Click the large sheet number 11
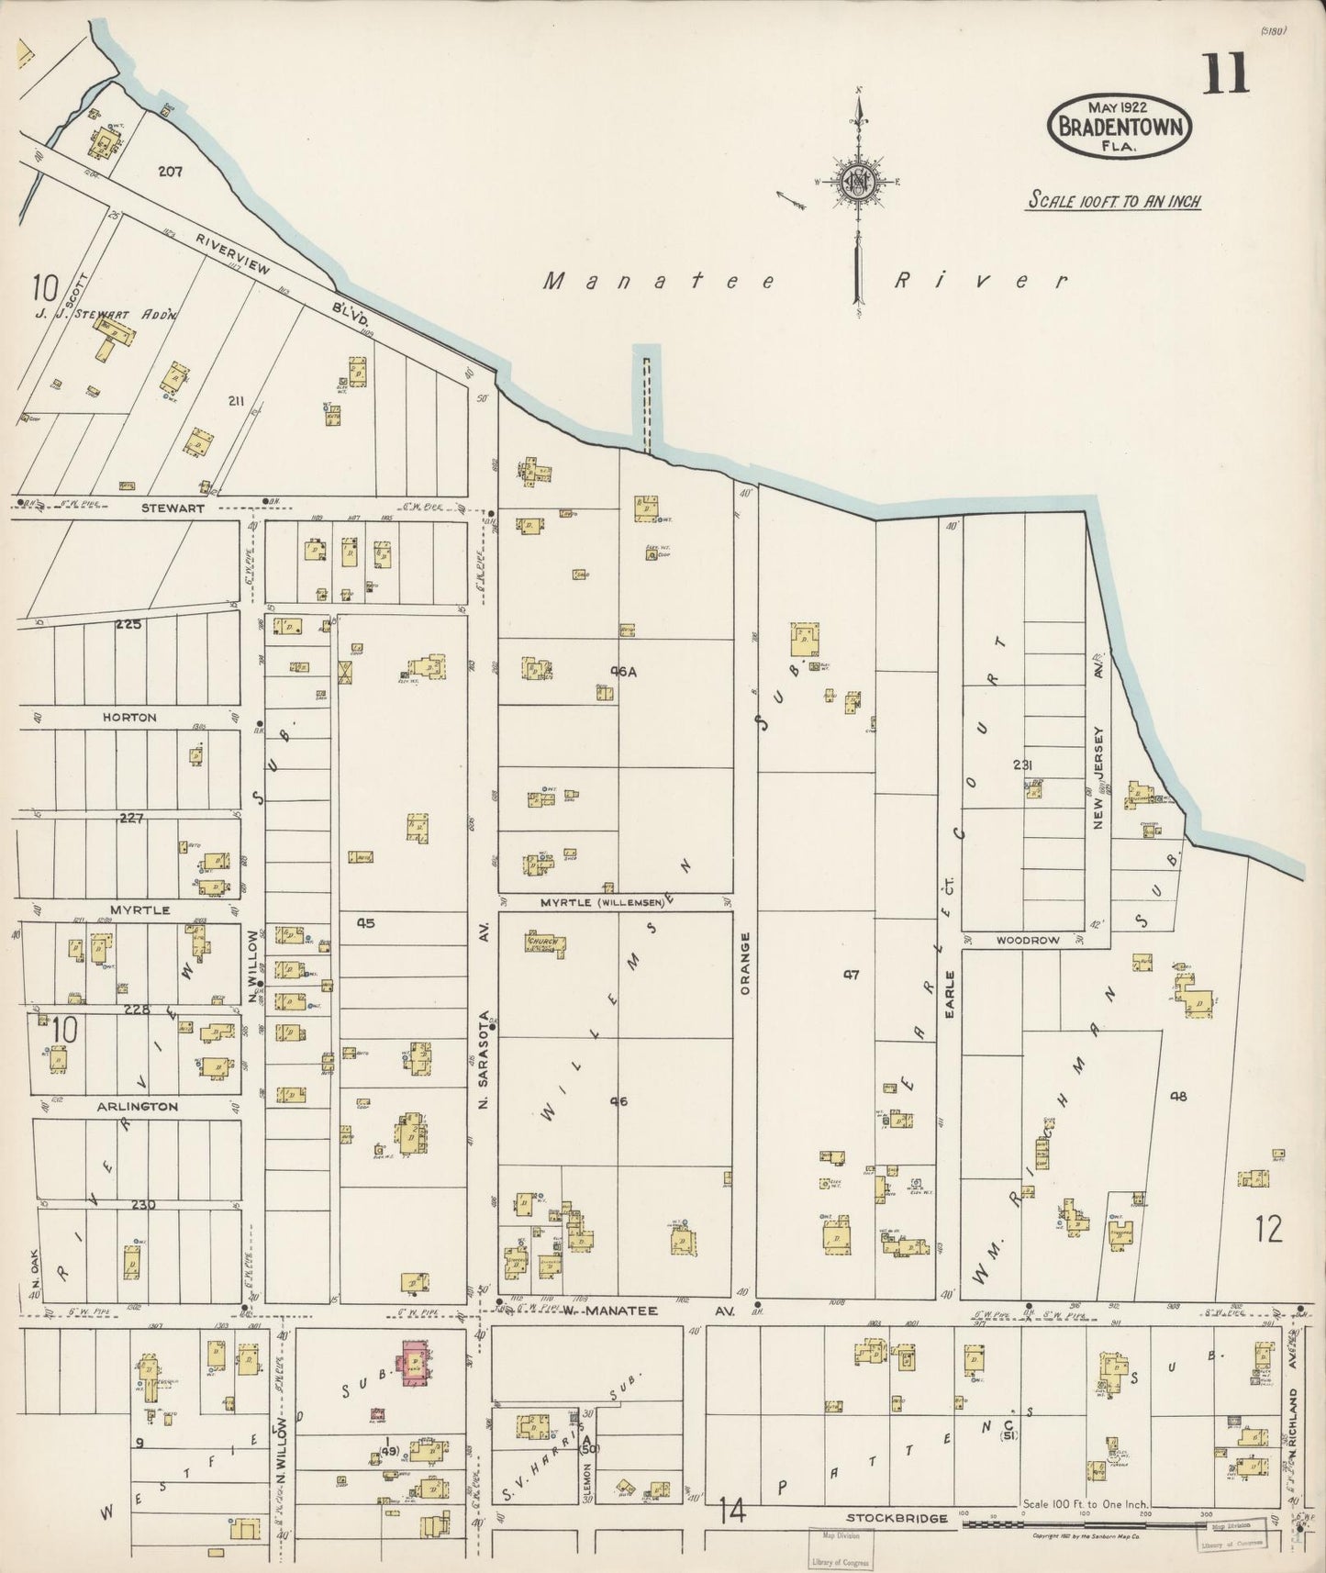pyautogui.click(x=1224, y=73)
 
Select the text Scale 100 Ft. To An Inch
pyautogui.click(x=1113, y=201)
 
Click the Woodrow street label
pyautogui.click(x=1028, y=940)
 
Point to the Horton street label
pyautogui.click(x=135, y=717)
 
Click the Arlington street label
pyautogui.click(x=138, y=1107)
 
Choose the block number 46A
pyautogui.click(x=623, y=672)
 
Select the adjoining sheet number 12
pyautogui.click(x=1270, y=1229)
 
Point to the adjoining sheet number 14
pyautogui.click(x=731, y=1508)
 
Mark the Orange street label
pyautogui.click(x=745, y=964)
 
